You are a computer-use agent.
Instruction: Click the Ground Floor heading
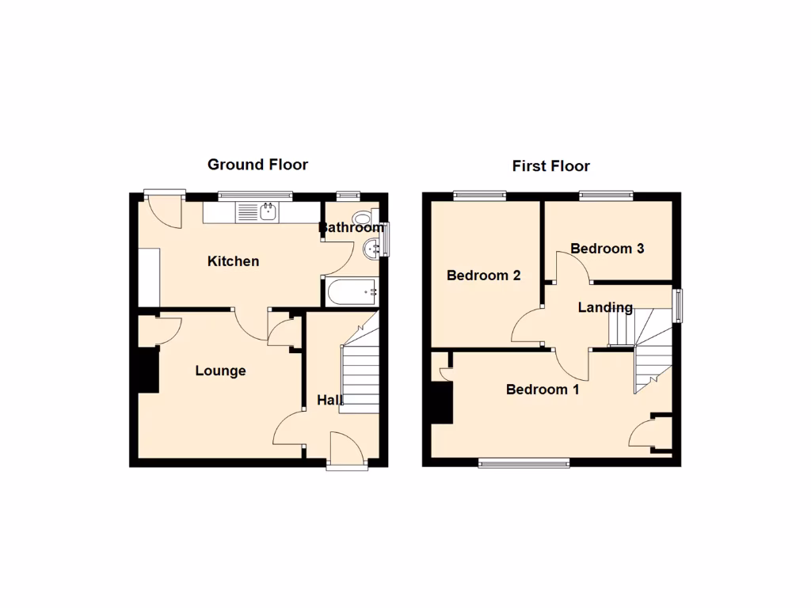[257, 165]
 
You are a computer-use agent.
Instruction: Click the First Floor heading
[550, 166]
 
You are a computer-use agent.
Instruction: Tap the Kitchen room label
[233, 261]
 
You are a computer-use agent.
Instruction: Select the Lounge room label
[220, 370]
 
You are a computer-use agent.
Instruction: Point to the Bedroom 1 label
[543, 389]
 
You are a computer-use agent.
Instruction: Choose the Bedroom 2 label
[483, 275]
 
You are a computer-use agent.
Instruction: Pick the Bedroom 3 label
[607, 249]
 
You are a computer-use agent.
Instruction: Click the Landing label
[605, 307]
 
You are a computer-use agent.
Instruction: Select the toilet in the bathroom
[364, 218]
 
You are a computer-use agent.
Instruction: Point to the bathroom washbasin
[371, 250]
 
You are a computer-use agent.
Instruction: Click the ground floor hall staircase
[360, 368]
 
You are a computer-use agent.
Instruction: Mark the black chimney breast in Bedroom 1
[440, 402]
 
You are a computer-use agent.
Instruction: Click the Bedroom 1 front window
[524, 463]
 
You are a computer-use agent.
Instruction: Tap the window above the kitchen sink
[256, 194]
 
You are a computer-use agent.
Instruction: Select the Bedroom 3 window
[606, 194]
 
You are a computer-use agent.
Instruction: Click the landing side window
[678, 306]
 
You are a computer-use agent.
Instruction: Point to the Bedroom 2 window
[479, 194]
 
